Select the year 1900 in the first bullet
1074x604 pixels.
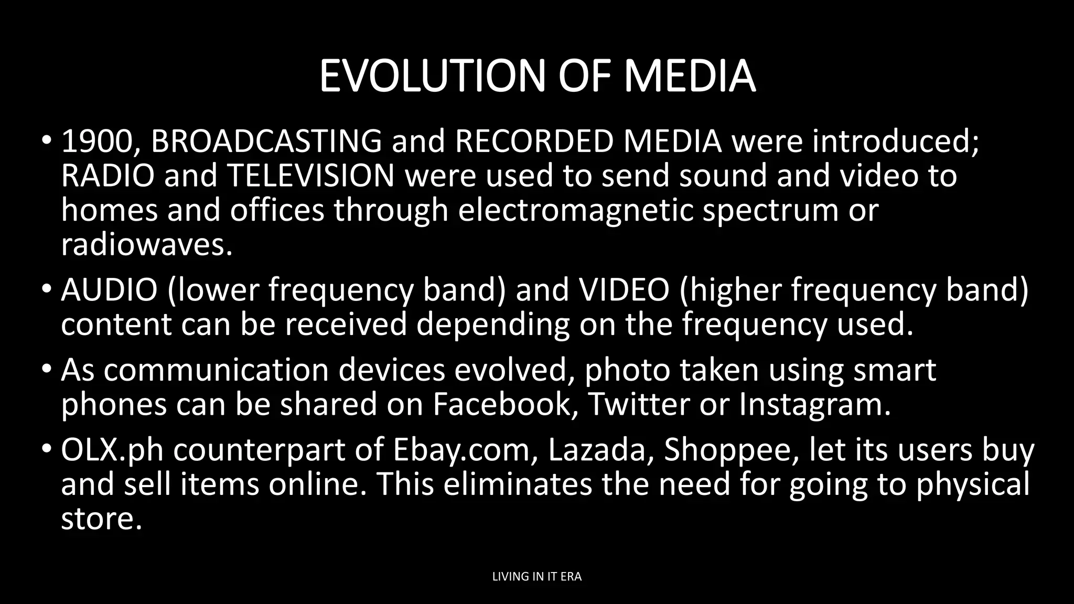tap(97, 142)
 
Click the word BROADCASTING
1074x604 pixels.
tap(266, 142)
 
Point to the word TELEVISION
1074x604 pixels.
tap(311, 176)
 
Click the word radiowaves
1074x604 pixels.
tap(146, 244)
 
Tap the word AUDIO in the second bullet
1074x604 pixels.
tap(109, 290)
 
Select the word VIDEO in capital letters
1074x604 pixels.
tap(624, 290)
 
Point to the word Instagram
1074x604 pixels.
tap(814, 404)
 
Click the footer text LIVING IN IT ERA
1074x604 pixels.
tap(537, 577)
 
